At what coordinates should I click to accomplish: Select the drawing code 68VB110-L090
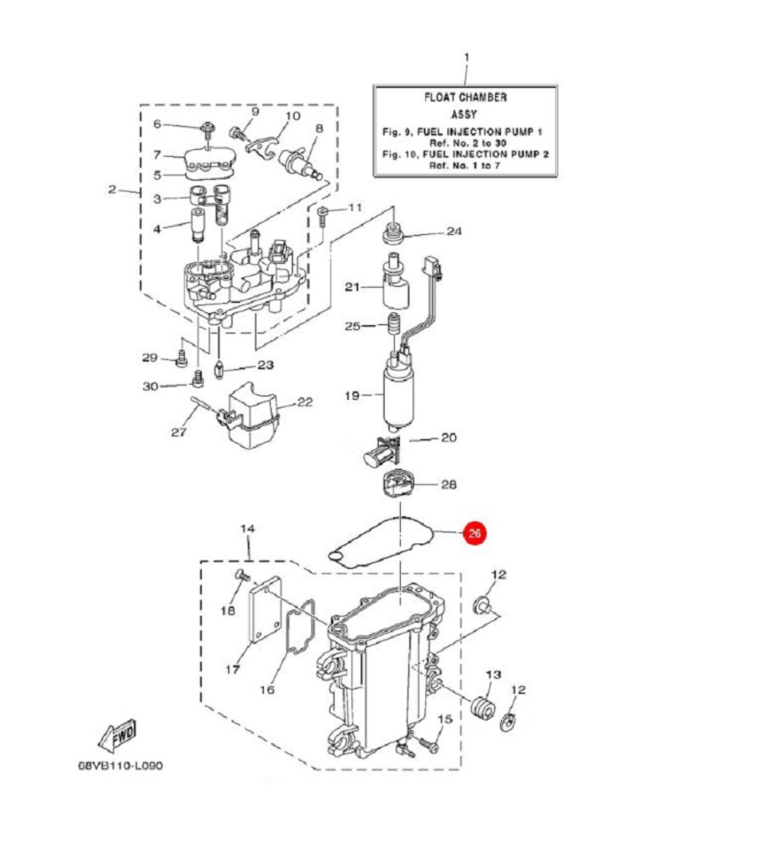pos(121,766)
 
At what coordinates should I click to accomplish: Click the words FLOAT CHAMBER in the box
pos(465,98)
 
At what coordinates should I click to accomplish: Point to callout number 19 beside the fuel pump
pos(351,395)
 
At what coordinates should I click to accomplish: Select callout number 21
pos(351,288)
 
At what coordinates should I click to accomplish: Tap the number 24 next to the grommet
pos(454,231)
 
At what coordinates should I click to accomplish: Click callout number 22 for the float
pos(304,402)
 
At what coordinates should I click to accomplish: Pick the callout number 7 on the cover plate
pos(157,156)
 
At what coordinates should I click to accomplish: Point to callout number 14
pos(246,529)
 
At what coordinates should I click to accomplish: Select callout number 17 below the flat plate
pos(233,669)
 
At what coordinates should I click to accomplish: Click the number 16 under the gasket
pos(266,689)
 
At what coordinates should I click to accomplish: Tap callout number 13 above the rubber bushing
pos(493,674)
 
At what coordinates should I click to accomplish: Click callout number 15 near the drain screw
pos(444,720)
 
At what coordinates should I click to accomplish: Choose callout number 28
pos(448,484)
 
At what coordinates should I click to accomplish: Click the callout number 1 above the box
pos(467,57)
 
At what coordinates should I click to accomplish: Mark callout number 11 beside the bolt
pos(354,208)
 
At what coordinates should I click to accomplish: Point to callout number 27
pos(178,432)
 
